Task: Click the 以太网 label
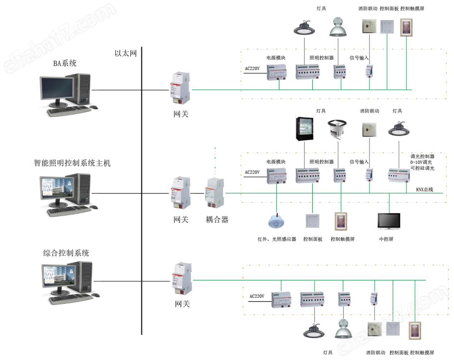click(x=126, y=53)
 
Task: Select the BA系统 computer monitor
click(x=57, y=90)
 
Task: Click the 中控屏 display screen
click(x=389, y=221)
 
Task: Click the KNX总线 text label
click(x=424, y=189)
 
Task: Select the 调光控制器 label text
click(x=422, y=157)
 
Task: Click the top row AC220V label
click(x=252, y=68)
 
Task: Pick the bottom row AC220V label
click(x=257, y=296)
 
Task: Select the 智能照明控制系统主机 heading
click(x=72, y=163)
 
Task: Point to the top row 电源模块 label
click(x=276, y=58)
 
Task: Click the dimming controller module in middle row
click(x=399, y=175)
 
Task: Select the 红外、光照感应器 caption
click(x=277, y=239)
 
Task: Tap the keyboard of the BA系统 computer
click(x=69, y=111)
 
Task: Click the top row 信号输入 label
click(x=359, y=58)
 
